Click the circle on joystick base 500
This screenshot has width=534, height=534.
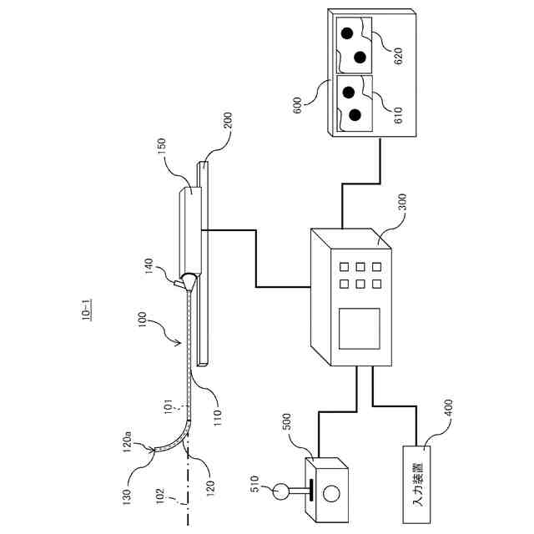click(332, 492)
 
